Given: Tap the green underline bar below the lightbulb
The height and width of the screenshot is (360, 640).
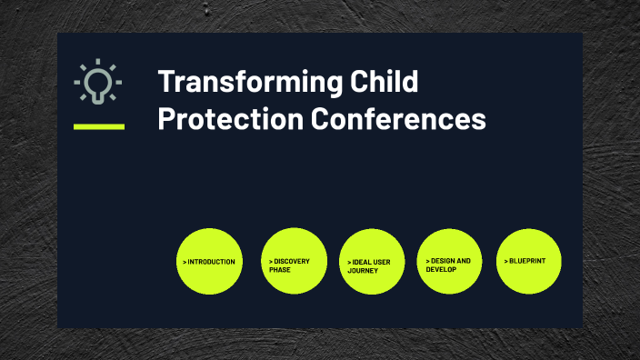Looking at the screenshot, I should (99, 126).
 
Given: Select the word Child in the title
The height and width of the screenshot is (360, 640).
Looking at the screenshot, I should (384, 82).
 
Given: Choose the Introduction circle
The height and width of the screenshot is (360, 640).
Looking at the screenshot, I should (210, 262).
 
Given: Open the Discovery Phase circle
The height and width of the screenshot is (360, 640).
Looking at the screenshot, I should (294, 262).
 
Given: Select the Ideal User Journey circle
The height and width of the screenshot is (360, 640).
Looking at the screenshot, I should (372, 262).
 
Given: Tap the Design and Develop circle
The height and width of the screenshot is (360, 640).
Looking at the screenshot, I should (450, 262).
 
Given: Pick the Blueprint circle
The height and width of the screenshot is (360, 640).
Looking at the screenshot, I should (529, 262).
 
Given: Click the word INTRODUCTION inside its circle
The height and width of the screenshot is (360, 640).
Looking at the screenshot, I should (212, 262).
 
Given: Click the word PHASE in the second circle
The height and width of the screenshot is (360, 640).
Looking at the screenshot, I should (279, 270).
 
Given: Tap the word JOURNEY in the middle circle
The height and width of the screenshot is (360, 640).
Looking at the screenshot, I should (363, 270).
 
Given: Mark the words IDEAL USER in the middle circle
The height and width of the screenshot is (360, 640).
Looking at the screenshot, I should (372, 262).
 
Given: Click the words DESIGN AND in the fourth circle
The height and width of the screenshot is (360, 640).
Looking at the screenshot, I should (451, 261).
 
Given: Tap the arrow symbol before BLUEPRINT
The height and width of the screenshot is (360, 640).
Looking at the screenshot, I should (506, 262).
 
